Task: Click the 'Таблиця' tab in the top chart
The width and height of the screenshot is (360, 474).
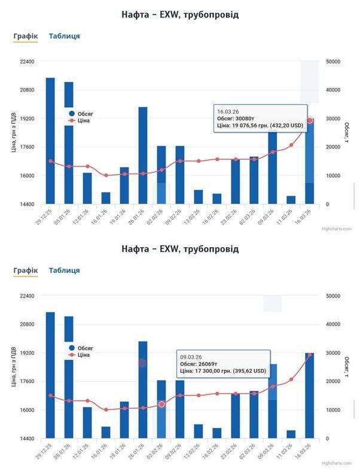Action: pyautogui.click(x=64, y=36)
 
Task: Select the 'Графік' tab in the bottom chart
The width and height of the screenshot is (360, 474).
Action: pyautogui.click(x=26, y=271)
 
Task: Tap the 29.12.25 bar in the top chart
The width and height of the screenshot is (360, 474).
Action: pyautogui.click(x=51, y=141)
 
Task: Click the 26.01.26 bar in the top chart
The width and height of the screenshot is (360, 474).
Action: pyautogui.click(x=143, y=156)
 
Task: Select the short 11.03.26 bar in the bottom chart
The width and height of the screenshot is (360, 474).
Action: pyautogui.click(x=291, y=434)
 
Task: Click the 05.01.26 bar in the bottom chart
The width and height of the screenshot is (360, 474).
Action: pyautogui.click(x=69, y=377)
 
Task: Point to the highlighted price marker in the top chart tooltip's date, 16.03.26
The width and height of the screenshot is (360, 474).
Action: pyautogui.click(x=309, y=121)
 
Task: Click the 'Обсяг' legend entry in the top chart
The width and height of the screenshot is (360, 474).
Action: pyautogui.click(x=84, y=113)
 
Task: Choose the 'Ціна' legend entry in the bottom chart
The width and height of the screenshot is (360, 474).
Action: pyautogui.click(x=83, y=355)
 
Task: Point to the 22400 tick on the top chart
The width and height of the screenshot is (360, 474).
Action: pyautogui.click(x=26, y=62)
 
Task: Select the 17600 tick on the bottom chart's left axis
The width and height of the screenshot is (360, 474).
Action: pyautogui.click(x=26, y=382)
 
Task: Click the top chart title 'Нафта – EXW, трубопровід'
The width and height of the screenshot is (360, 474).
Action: pyautogui.click(x=179, y=14)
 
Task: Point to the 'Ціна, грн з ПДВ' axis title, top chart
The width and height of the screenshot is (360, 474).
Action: pyautogui.click(x=13, y=133)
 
